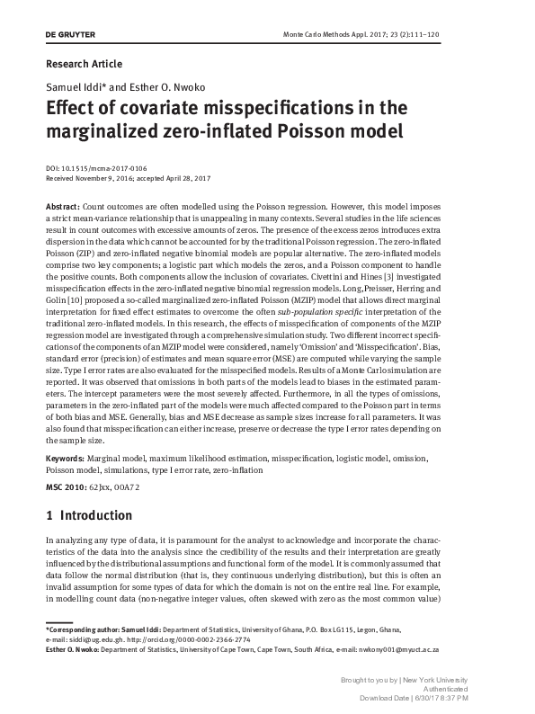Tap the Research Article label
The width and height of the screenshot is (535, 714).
(x=83, y=64)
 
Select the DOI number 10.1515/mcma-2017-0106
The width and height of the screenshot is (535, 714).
(x=104, y=168)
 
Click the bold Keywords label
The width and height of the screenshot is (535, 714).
(x=70, y=459)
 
